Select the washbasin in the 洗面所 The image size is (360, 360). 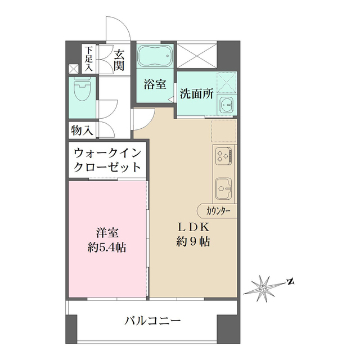[227, 105]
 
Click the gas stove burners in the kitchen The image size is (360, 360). [224, 155]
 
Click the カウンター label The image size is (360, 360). [218, 211]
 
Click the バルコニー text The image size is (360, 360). [152, 322]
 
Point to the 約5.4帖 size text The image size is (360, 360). [106, 247]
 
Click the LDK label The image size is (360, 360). [194, 227]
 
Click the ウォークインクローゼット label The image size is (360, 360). [106, 160]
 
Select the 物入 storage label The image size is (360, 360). [82, 130]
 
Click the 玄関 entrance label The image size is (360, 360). [119, 60]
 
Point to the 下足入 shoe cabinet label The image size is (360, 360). [88, 57]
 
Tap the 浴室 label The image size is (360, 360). [155, 85]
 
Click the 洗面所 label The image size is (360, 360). [196, 94]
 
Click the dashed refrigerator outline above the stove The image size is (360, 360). [224, 130]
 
